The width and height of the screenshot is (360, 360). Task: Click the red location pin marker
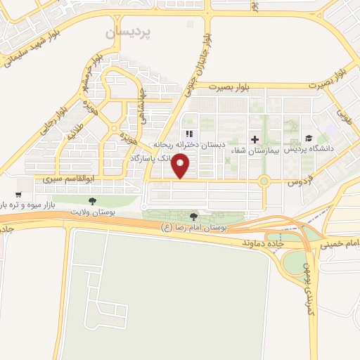coord(182,166)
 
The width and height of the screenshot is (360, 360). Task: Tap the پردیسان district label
coord(129,32)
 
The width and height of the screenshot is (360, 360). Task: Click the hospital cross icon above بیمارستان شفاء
coord(255,139)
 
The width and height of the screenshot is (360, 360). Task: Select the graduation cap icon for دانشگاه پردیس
coord(308,139)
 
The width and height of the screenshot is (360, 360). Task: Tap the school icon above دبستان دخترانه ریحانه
coord(188,134)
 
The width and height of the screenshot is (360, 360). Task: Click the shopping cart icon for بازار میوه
coord(18,194)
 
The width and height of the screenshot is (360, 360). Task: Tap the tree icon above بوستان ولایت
coord(93,201)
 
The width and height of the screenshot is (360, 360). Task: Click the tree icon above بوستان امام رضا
coord(193,217)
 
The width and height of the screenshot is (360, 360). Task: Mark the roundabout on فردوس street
coord(264,181)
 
